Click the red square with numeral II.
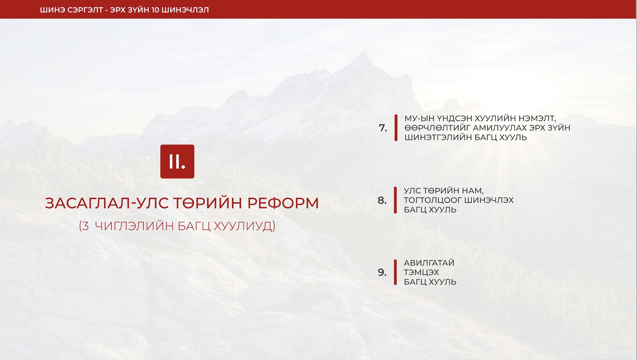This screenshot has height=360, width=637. [x=177, y=161]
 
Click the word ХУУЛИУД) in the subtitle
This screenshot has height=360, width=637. [x=244, y=226]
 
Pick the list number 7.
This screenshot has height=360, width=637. [x=383, y=128]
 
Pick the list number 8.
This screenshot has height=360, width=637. [x=382, y=200]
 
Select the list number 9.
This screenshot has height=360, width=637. [x=382, y=272]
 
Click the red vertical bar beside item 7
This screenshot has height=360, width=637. [x=396, y=128]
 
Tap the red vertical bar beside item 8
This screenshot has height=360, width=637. [x=395, y=200]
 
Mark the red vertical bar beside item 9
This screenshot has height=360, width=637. [x=395, y=272]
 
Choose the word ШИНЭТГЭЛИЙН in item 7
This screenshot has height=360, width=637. [x=445, y=137]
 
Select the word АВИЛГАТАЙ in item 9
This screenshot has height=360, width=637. [x=429, y=263]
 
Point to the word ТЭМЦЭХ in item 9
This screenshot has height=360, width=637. [x=421, y=272]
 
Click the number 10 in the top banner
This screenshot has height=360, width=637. [x=155, y=10]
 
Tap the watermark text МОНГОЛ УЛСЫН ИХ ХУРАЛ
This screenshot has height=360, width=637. [x=596, y=353]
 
